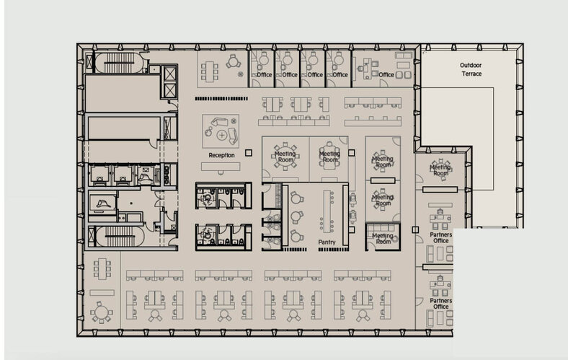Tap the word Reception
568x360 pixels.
221,155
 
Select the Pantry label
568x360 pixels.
327,242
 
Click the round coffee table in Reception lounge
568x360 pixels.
221,135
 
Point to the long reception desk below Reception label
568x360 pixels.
221,167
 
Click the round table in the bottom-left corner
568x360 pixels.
101,313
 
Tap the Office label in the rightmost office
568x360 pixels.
386,74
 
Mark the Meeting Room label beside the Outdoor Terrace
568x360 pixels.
440,170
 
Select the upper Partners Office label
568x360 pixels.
440,238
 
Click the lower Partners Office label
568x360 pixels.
440,304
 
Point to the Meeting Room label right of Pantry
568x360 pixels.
382,238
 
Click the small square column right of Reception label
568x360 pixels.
249,152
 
